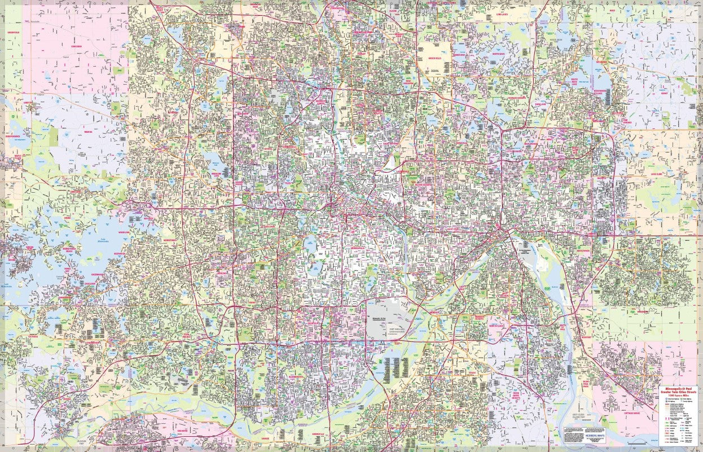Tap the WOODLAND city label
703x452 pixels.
[124, 232]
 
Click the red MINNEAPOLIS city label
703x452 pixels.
[359, 247]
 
